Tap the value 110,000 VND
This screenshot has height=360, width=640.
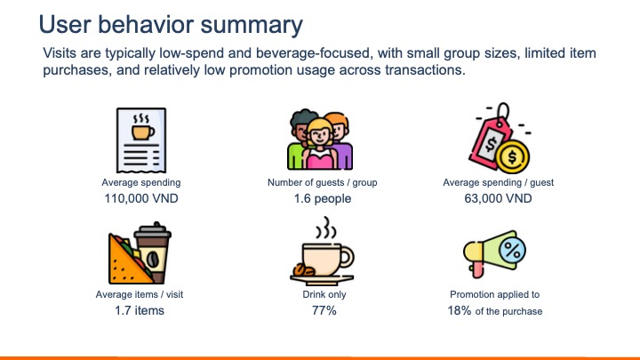pos(140,198)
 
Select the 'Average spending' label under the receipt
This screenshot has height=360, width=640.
pos(140,182)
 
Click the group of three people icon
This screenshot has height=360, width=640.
pos(320,139)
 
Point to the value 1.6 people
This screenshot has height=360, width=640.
pos(322,198)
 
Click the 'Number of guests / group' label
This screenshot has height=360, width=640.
pos(322,182)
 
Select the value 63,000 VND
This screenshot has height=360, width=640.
pos(498,198)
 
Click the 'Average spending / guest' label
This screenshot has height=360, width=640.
pos(498,182)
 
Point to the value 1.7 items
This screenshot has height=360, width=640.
pos(140,311)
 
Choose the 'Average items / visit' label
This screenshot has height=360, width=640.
pos(140,294)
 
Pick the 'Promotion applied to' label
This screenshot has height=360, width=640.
pos(494,294)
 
